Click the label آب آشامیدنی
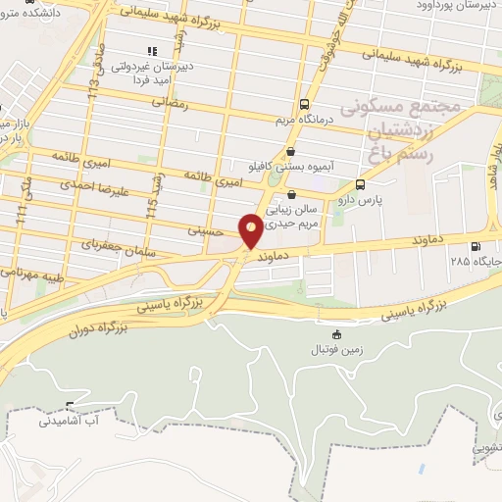coord(70,422)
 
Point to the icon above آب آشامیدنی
coord(70,406)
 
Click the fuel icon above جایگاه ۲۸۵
coord(476,247)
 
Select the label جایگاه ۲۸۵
coord(476,262)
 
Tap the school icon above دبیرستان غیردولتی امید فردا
coord(151,51)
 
